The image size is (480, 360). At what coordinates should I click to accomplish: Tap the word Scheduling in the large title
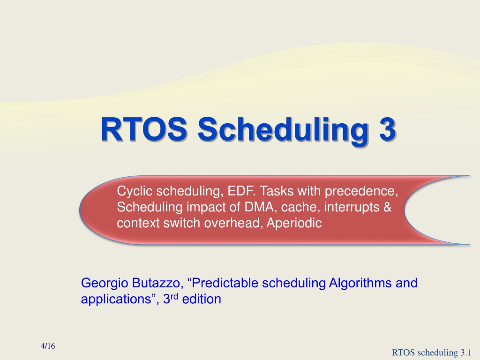point(283,131)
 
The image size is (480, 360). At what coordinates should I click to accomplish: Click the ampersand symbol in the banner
point(388,207)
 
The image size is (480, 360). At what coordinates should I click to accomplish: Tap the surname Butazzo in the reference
point(157,283)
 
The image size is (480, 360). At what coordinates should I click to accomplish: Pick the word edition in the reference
point(202,299)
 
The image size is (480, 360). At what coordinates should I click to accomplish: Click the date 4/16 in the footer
point(48,346)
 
